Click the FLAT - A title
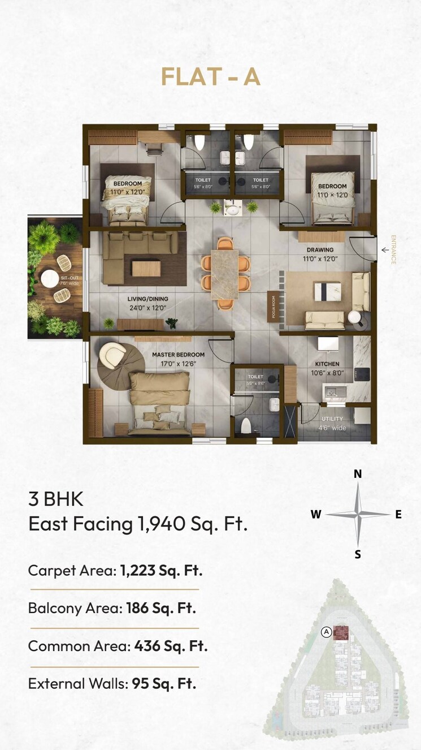pyautogui.click(x=210, y=77)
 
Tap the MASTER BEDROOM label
pyautogui.click(x=178, y=355)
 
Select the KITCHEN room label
pyautogui.click(x=327, y=364)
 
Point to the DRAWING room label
pyautogui.click(x=320, y=249)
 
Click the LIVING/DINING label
pyautogui.click(x=147, y=299)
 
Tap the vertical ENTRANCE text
pyautogui.click(x=393, y=250)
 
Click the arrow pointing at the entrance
pyautogui.click(x=385, y=249)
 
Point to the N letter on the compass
pyautogui.click(x=358, y=474)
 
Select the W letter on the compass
pyautogui.click(x=316, y=514)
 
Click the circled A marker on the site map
pyautogui.click(x=326, y=632)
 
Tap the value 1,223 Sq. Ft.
pyautogui.click(x=161, y=570)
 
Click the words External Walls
pyautogui.click(x=77, y=683)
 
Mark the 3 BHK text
pyautogui.click(x=56, y=499)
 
